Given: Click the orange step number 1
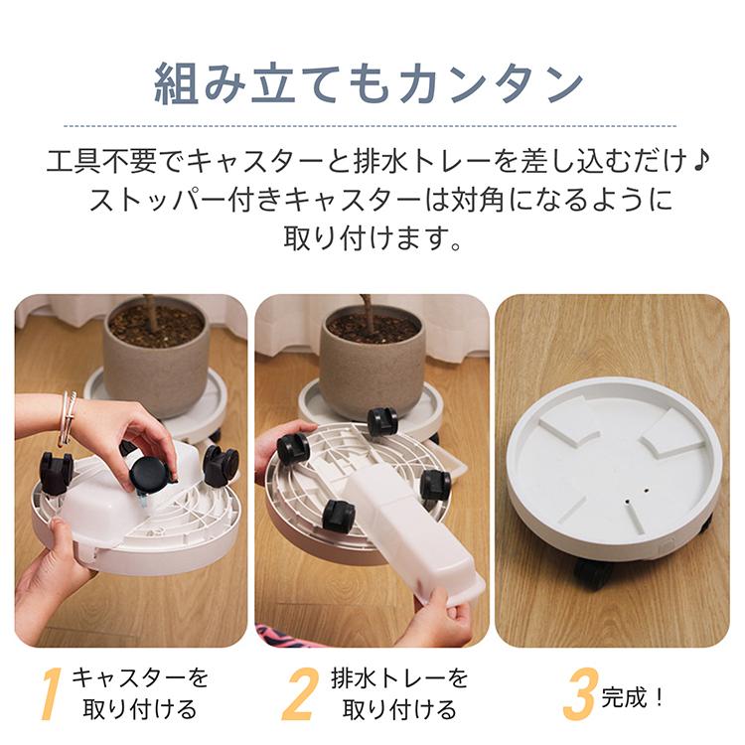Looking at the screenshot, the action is [x=52, y=693].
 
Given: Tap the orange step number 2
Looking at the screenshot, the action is [x=300, y=693].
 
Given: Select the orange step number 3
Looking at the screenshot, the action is [x=579, y=693].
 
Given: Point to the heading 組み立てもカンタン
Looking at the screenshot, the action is [x=370, y=83].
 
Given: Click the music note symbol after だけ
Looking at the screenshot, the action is [x=700, y=162].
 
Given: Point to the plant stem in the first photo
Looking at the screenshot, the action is [x=151, y=311].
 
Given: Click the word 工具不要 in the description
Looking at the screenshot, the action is [x=101, y=162].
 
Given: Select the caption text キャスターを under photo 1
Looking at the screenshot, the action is [x=140, y=678].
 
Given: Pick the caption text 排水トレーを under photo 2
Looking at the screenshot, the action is [x=399, y=678].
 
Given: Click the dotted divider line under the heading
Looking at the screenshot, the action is [x=370, y=126].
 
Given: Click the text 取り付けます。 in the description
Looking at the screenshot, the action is [x=372, y=237].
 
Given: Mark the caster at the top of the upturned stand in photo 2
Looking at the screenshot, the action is [x=381, y=421].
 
